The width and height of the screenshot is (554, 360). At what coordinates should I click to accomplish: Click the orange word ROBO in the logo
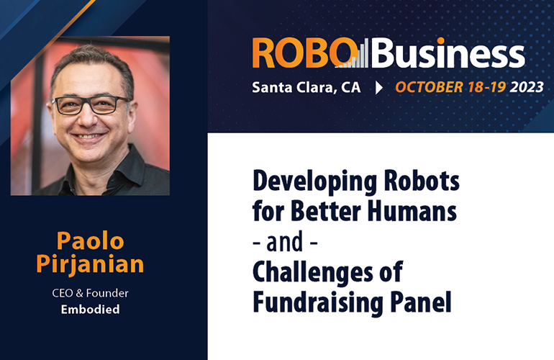[304, 53]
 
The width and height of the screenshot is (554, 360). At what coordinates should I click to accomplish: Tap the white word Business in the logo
[448, 53]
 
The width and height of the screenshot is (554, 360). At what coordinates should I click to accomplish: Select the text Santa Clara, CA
[306, 88]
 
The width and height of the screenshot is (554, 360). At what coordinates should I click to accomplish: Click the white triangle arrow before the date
[378, 88]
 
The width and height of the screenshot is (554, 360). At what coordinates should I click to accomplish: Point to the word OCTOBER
[429, 87]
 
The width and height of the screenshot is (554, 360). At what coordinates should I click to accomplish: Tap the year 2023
[527, 87]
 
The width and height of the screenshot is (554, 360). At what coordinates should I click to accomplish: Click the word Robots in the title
[422, 180]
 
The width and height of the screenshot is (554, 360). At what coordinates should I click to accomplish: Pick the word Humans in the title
[412, 211]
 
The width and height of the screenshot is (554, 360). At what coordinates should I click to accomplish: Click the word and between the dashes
[284, 241]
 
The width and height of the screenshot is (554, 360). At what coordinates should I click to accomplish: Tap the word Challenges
[313, 273]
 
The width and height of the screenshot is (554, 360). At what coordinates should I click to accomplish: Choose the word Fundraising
[318, 303]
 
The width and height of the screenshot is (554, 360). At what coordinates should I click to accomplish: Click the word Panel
[421, 302]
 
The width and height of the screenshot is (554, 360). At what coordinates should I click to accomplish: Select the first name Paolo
[91, 240]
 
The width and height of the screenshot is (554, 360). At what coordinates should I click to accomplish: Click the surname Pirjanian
[90, 264]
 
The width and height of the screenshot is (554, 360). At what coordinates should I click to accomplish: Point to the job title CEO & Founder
[90, 293]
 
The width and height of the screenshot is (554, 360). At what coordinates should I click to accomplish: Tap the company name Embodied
[90, 310]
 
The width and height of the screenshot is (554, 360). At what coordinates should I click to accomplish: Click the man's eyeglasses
[90, 105]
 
